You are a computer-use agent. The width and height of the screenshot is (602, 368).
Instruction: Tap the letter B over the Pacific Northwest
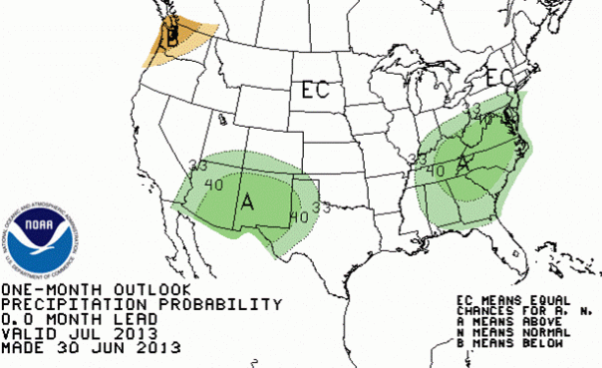(172, 40)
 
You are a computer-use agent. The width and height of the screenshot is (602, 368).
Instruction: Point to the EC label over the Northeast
(497, 77)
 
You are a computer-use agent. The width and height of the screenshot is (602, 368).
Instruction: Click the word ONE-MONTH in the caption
(41, 289)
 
